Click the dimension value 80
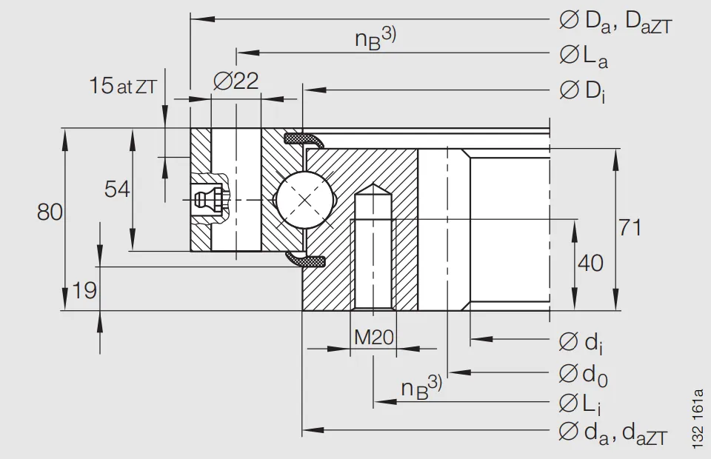click(50, 212)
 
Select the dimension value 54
click(117, 190)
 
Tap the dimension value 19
click(85, 291)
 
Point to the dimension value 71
click(630, 228)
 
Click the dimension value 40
click(590, 263)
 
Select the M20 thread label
click(373, 338)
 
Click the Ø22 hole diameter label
click(236, 81)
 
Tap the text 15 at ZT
click(123, 86)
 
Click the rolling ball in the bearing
click(304, 200)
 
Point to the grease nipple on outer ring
click(205, 198)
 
